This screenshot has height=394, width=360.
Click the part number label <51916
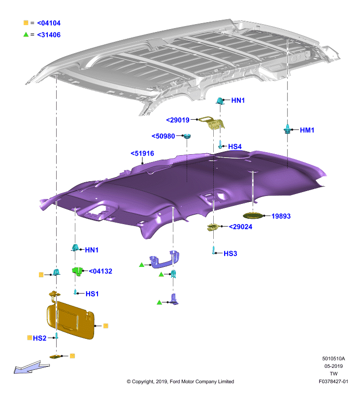click(x=142, y=153)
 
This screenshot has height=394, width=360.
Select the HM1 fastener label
click(x=307, y=130)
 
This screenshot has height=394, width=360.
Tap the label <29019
click(x=178, y=120)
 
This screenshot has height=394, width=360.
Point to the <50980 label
click(x=163, y=136)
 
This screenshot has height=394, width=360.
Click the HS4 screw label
click(x=234, y=146)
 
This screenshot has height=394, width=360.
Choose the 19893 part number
click(x=281, y=216)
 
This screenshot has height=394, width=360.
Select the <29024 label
click(x=240, y=227)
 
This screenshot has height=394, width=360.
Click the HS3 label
click(x=230, y=254)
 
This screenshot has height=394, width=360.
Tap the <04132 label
click(x=100, y=271)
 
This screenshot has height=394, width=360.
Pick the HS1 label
click(x=92, y=294)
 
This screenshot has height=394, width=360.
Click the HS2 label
click(x=40, y=338)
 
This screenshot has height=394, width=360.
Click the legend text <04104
click(x=49, y=23)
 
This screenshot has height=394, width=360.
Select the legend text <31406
click(x=49, y=34)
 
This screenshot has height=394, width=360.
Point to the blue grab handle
click(x=164, y=260)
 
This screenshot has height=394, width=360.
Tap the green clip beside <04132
click(x=78, y=271)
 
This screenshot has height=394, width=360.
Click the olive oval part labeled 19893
click(x=253, y=216)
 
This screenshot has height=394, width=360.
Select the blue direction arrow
click(x=32, y=367)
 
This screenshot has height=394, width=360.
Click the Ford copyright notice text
click(x=180, y=381)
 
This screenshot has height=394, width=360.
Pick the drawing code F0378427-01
click(x=333, y=381)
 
